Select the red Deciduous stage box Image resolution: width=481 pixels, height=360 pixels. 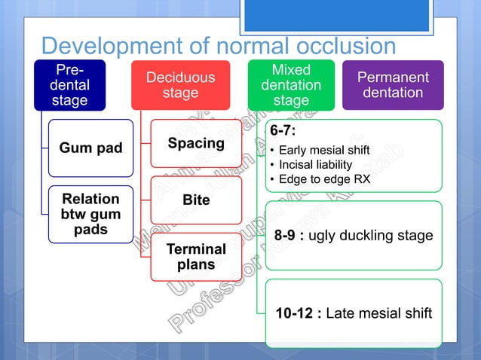(x=180, y=85)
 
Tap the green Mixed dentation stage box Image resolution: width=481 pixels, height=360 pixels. (x=291, y=85)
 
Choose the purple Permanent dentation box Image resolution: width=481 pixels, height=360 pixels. (x=392, y=85)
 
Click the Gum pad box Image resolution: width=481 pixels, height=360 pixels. (x=90, y=148)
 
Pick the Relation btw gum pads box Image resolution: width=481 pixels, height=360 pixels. (x=90, y=214)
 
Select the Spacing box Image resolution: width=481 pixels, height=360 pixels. (x=196, y=143)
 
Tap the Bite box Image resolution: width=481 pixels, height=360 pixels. (x=196, y=200)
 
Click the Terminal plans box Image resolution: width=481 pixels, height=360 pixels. (x=196, y=257)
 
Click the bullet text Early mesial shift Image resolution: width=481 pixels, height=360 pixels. (x=324, y=149)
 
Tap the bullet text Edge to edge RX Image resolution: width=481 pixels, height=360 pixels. (x=324, y=179)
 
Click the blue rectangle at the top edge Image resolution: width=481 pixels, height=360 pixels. (x=338, y=15)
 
